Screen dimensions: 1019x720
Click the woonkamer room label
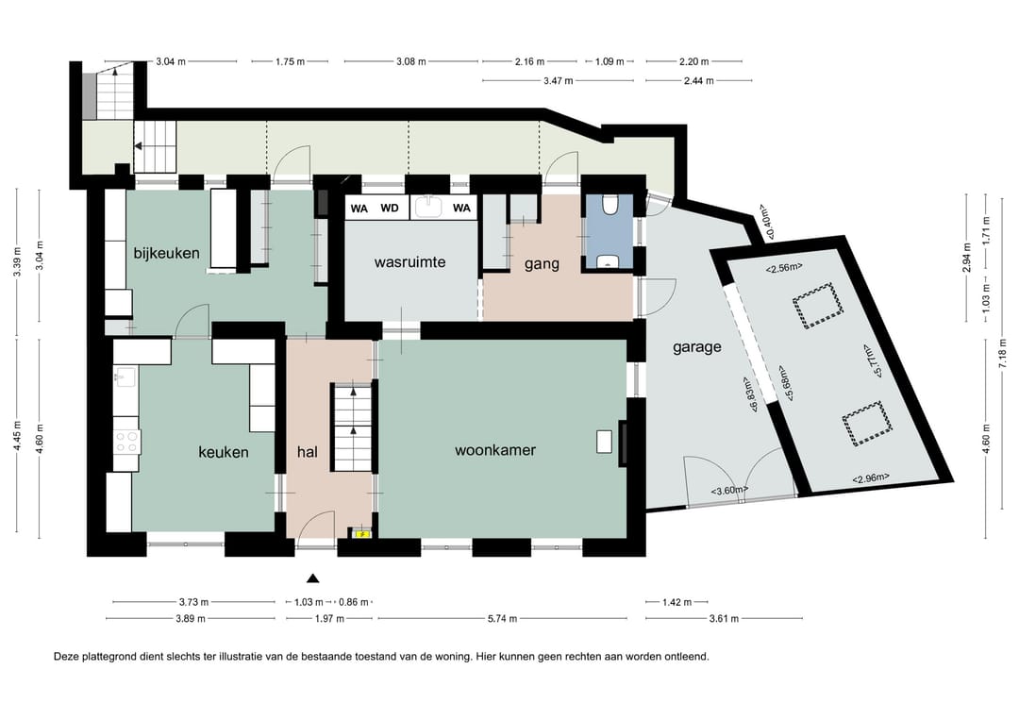click(x=495, y=450)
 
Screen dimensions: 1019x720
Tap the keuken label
click(x=224, y=452)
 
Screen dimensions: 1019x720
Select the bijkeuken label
click(x=166, y=253)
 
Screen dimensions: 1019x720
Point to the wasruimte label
click(x=410, y=262)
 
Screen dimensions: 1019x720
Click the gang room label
click(x=542, y=264)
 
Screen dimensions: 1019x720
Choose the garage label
click(x=696, y=347)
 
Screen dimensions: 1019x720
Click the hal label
click(x=308, y=451)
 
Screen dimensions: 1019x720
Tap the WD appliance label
click(x=390, y=209)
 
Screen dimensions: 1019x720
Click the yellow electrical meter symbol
click(x=362, y=534)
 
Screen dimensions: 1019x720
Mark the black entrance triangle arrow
click(x=313, y=578)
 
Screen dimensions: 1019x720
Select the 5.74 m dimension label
click(x=502, y=619)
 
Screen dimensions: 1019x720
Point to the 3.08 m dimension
click(x=410, y=61)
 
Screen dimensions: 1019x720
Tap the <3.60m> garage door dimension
click(x=729, y=490)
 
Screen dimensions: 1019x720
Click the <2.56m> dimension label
click(x=784, y=267)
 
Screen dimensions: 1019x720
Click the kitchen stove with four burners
click(x=126, y=442)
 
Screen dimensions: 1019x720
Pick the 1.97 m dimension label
click(x=329, y=619)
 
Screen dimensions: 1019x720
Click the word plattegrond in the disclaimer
click(x=108, y=657)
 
